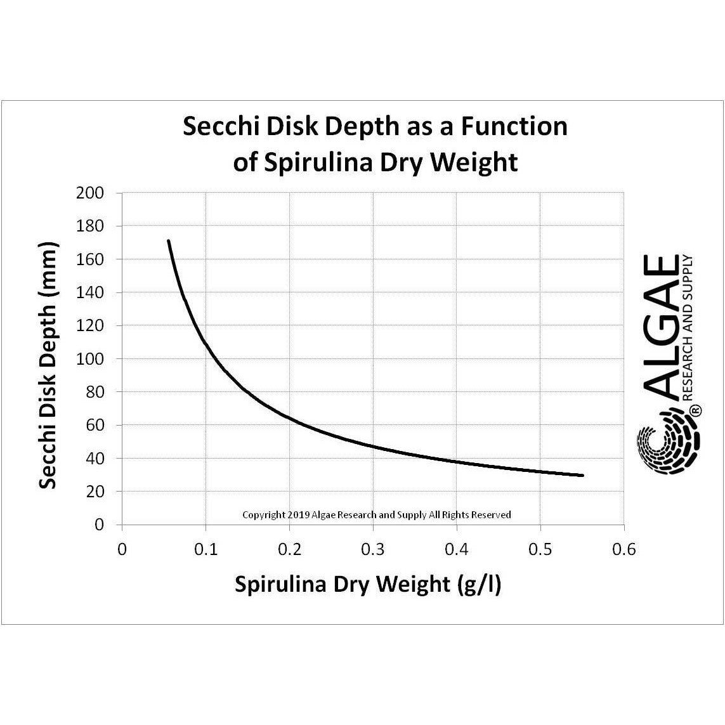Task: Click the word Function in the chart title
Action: pyautogui.click(x=514, y=127)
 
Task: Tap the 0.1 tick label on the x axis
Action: pyautogui.click(x=206, y=549)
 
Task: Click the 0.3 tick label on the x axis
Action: pyautogui.click(x=373, y=549)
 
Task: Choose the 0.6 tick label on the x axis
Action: pyautogui.click(x=624, y=549)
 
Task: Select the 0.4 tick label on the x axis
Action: pyautogui.click(x=457, y=549)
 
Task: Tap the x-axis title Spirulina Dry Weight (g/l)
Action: pyautogui.click(x=368, y=584)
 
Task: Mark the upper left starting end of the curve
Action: pyautogui.click(x=169, y=242)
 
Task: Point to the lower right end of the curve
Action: pyautogui.click(x=581, y=475)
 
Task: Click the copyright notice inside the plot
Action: pyautogui.click(x=377, y=515)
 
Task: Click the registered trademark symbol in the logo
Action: pyautogui.click(x=695, y=411)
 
